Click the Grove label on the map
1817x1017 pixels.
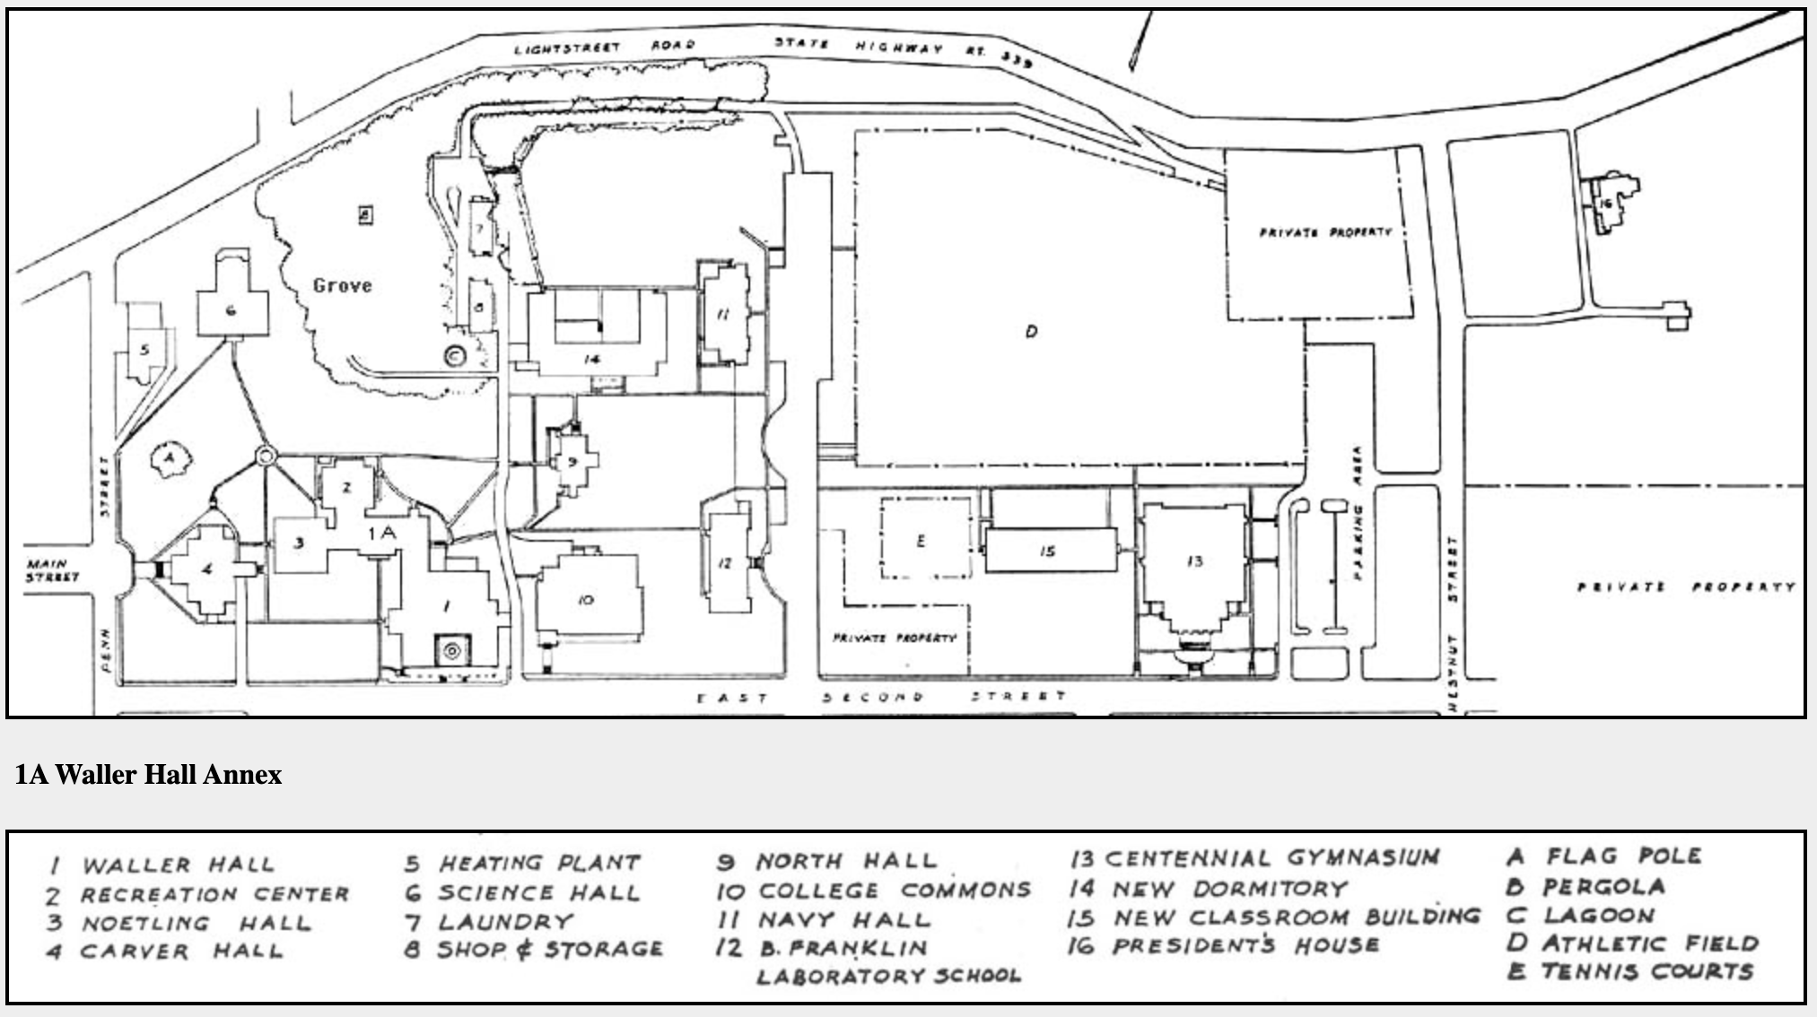(342, 286)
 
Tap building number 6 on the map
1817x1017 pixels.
(231, 310)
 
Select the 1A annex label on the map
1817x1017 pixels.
(381, 533)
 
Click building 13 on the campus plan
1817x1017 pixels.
(1194, 561)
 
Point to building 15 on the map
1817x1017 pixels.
(1048, 551)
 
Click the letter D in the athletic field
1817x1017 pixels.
(1031, 332)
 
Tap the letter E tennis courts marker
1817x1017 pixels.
(921, 541)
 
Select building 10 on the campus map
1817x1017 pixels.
(585, 599)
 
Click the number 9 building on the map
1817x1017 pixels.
(572, 462)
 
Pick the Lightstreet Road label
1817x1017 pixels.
(604, 47)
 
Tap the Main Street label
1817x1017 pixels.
(52, 570)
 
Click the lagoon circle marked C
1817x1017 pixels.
(456, 356)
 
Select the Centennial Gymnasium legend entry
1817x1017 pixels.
(1254, 858)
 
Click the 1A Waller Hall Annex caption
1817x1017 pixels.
(148, 775)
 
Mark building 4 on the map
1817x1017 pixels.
(207, 569)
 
